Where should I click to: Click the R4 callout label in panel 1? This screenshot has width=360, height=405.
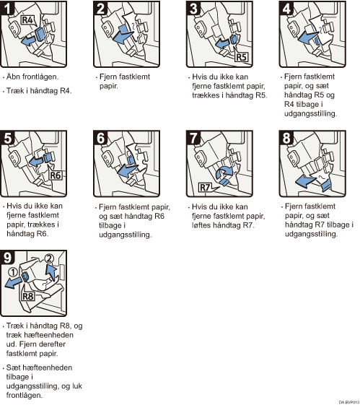pyautogui.click(x=27, y=20)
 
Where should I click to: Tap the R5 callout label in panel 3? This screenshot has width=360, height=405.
pyautogui.click(x=241, y=57)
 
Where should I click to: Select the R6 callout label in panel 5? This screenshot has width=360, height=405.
pyautogui.click(x=56, y=175)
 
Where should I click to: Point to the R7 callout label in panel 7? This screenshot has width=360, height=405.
pyautogui.click(x=205, y=187)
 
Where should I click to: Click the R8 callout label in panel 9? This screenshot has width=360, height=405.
pyautogui.click(x=28, y=297)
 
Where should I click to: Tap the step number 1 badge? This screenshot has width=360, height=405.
pyautogui.click(x=7, y=8)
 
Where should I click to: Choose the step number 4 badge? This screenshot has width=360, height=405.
pyautogui.click(x=286, y=8)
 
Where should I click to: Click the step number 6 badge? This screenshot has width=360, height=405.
pyautogui.click(x=100, y=137)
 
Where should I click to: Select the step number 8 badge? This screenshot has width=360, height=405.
pyautogui.click(x=286, y=137)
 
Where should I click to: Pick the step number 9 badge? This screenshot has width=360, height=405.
pyautogui.click(x=7, y=257)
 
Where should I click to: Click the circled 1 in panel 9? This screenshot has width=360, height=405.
pyautogui.click(x=13, y=272)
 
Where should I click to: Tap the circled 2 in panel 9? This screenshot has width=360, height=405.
pyautogui.click(x=49, y=258)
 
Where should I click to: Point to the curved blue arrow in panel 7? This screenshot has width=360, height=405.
pyautogui.click(x=224, y=172)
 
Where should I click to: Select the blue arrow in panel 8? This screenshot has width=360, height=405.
pyautogui.click(x=305, y=181)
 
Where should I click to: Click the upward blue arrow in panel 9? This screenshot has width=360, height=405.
pyautogui.click(x=51, y=272)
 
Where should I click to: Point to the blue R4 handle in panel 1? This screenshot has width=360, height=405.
pyautogui.click(x=40, y=34)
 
